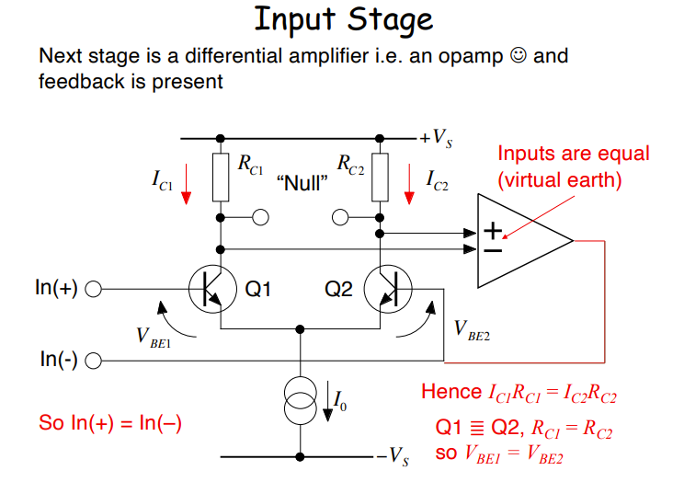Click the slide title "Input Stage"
click(342, 19)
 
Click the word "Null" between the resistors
click(302, 182)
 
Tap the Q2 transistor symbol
click(387, 290)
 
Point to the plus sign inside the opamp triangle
click(494, 230)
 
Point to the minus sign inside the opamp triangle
click(494, 248)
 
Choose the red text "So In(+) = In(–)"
click(111, 423)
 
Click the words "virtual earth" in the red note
click(559, 180)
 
